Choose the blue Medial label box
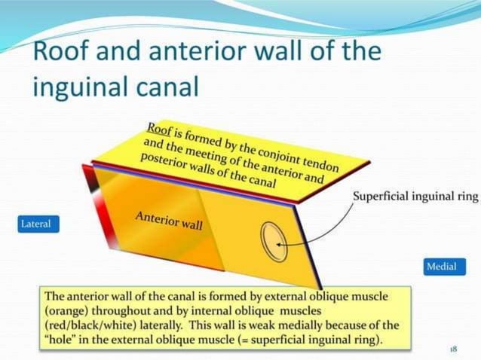[x=441, y=267]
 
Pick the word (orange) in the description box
[x=69, y=310]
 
